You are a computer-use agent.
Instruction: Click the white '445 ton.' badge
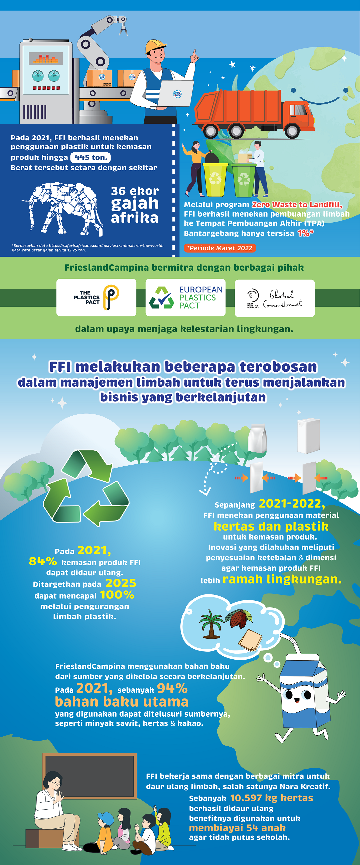click(90, 157)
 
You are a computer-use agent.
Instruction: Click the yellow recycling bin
click(215, 180)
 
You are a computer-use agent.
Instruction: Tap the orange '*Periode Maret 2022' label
click(220, 248)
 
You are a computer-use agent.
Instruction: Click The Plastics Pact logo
click(96, 297)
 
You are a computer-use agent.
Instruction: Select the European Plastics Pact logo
click(185, 297)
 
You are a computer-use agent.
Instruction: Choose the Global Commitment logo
click(274, 298)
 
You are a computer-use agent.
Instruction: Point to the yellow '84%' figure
click(43, 561)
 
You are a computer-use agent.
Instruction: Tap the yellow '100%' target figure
click(117, 595)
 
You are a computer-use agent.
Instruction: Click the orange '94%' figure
click(172, 688)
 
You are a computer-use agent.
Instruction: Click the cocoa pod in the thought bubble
click(239, 618)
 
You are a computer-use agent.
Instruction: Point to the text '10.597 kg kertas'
click(271, 798)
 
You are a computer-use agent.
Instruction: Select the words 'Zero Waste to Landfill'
click(297, 205)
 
